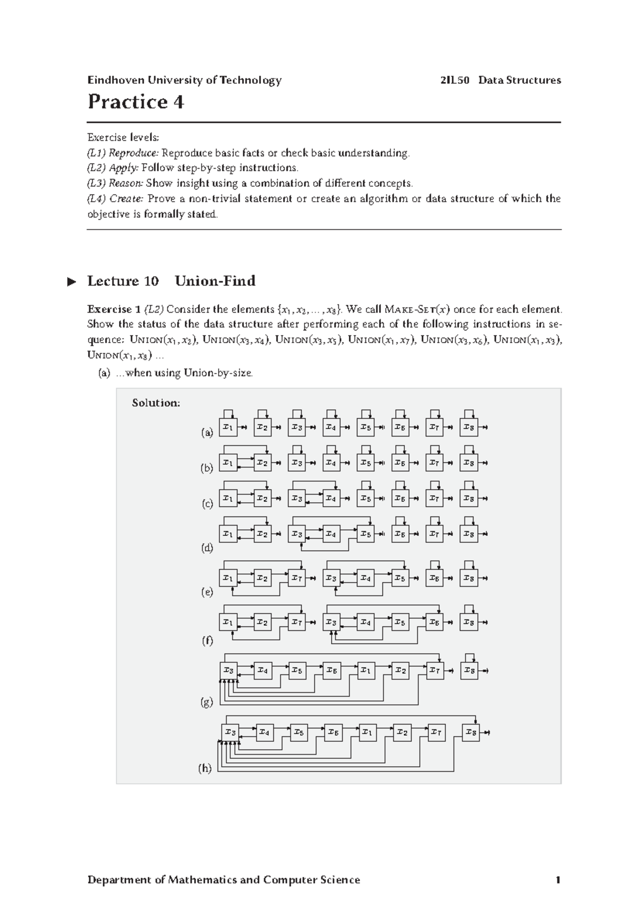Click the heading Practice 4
(136, 102)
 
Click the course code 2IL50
(455, 81)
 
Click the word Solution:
(156, 403)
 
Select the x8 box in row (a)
(468, 427)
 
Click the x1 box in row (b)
(228, 463)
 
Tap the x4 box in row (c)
(331, 498)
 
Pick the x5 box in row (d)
(365, 534)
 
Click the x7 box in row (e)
(297, 578)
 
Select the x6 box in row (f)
(434, 622)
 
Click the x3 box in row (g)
(229, 670)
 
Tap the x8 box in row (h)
(470, 733)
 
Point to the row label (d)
(206, 548)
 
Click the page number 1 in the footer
(557, 880)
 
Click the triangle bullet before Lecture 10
(72, 282)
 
